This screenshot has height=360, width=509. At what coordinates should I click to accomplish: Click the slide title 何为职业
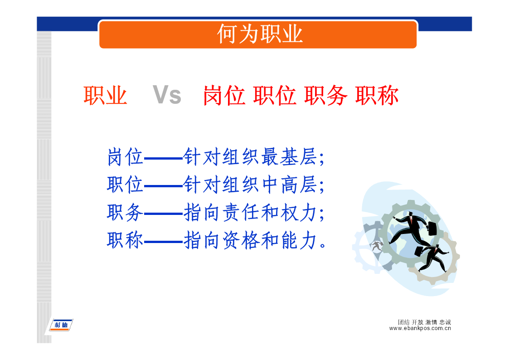[260, 34]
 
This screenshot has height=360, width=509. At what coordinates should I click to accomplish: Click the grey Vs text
[167, 95]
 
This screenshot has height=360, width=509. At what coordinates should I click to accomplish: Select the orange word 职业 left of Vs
[105, 95]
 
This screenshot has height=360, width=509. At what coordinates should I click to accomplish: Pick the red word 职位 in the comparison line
[275, 95]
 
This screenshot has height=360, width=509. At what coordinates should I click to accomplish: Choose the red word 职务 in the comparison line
[325, 95]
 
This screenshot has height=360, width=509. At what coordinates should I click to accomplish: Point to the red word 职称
[377, 95]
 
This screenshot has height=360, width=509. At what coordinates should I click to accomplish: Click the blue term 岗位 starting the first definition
[125, 157]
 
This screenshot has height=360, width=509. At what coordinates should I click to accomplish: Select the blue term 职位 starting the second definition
[125, 185]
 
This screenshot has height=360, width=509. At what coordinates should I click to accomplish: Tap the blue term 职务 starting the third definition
[125, 213]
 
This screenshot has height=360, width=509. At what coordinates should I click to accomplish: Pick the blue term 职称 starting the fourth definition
[125, 241]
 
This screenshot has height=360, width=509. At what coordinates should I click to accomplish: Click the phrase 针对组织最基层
[250, 157]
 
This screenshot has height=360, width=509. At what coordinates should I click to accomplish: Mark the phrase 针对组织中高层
[250, 185]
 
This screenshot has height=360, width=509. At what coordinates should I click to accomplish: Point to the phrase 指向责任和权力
[250, 213]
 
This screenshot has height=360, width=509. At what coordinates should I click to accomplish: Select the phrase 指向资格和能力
[250, 241]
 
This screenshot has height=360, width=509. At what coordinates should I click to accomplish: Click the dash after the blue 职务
[163, 214]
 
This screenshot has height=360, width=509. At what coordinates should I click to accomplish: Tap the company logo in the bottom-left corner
[61, 325]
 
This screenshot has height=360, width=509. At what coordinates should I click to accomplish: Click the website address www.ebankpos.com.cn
[420, 328]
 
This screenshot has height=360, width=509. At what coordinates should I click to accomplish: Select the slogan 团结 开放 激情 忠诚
[424, 322]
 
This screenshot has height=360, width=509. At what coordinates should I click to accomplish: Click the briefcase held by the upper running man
[432, 228]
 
